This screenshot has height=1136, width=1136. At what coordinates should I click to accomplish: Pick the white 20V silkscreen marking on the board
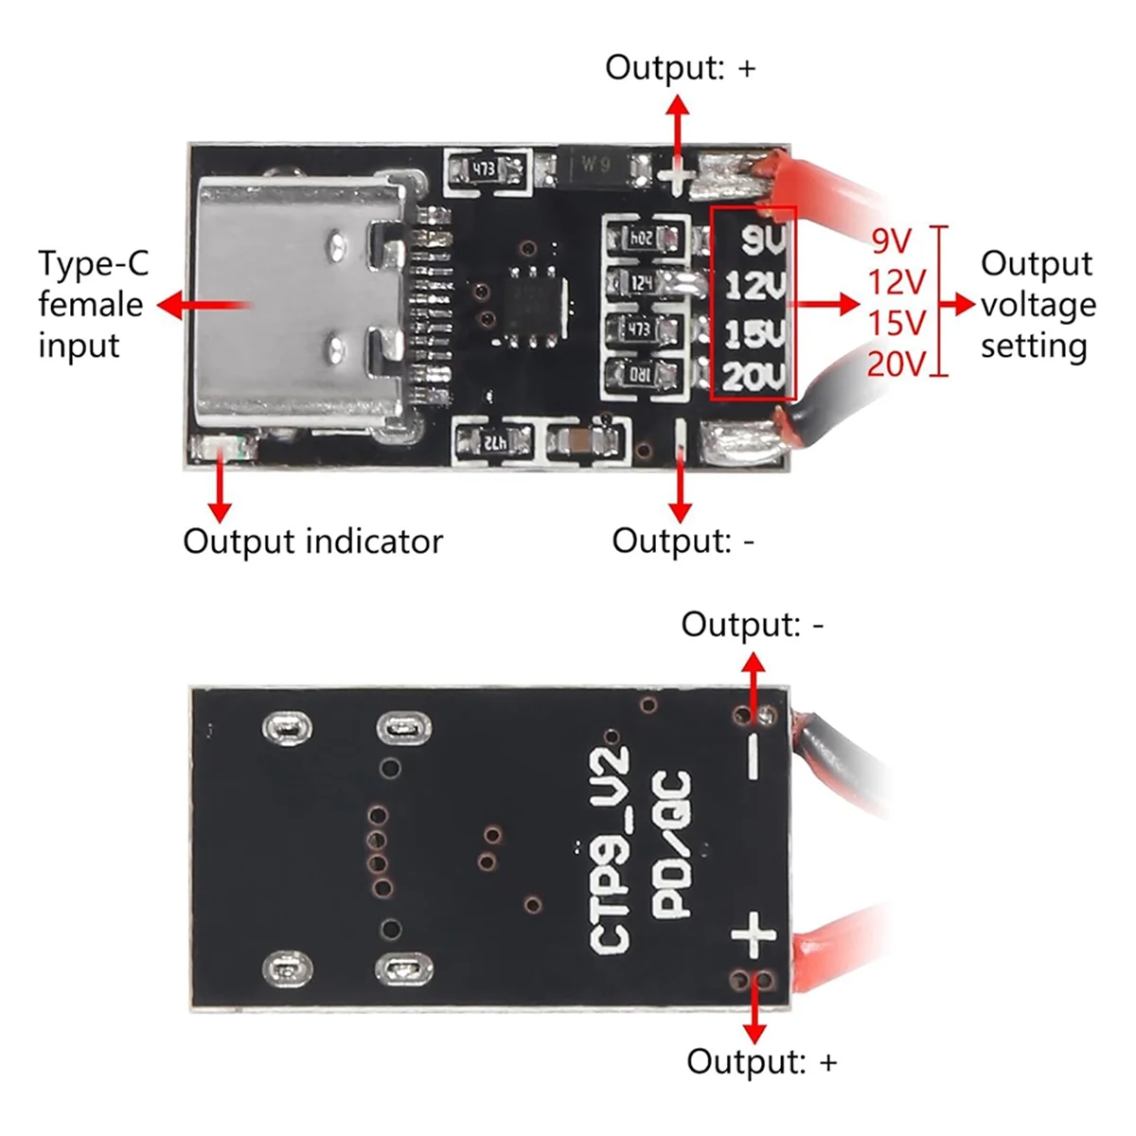[x=754, y=377]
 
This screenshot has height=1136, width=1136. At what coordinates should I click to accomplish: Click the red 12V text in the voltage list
[x=896, y=282]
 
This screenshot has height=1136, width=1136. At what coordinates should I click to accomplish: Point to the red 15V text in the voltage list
[x=896, y=323]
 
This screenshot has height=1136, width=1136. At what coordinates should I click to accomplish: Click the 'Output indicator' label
[x=312, y=541]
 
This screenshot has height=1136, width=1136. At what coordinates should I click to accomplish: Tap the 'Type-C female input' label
[x=93, y=304]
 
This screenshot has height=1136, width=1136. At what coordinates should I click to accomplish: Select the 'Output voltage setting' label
[x=1038, y=304]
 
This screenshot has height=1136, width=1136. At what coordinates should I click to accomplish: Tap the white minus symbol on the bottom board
[x=754, y=756]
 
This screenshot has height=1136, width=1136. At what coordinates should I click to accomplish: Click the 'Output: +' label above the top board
[x=681, y=68]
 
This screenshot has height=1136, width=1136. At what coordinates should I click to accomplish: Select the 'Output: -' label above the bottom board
[x=753, y=625]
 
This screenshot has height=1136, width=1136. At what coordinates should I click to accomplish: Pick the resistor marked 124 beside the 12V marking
[x=643, y=282]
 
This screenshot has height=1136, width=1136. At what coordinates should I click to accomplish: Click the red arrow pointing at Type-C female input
[x=204, y=305]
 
